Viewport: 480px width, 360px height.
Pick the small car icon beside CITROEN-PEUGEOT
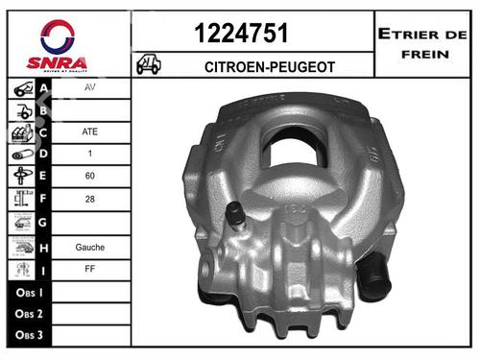[150, 64]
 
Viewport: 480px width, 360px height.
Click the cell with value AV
[90, 85]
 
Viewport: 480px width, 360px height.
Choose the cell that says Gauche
[90, 247]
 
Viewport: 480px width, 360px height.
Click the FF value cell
[90, 270]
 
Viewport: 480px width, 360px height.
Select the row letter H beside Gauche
[42, 247]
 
